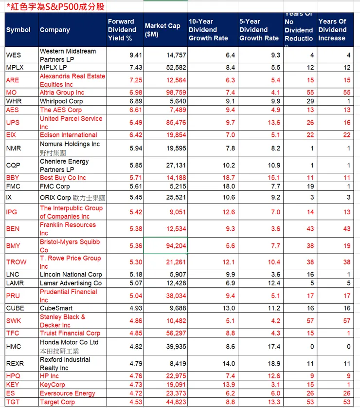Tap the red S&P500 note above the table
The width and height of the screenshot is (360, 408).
(55, 7)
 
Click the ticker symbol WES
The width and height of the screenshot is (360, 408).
(14, 55)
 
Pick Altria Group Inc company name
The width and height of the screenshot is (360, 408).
(62, 93)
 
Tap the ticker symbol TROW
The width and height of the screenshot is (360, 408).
(17, 262)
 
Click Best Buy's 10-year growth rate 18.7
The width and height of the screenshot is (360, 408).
(227, 178)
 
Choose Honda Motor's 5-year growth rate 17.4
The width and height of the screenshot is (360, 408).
(274, 347)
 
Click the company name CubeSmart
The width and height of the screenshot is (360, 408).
(56, 308)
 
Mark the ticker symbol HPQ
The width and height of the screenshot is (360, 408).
(14, 376)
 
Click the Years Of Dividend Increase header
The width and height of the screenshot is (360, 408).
(332, 30)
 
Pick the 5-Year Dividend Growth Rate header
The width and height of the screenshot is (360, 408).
(259, 30)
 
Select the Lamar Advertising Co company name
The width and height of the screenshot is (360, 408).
(71, 283)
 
